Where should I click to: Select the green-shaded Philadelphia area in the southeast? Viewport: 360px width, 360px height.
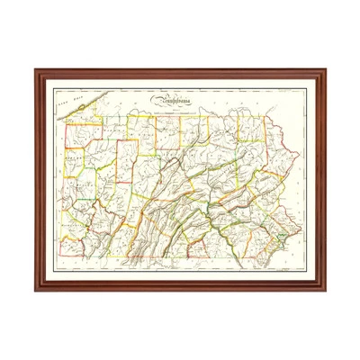[280, 237]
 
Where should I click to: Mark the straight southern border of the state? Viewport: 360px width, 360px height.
[162, 256]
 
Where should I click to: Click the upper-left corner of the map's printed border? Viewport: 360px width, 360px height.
[54, 88]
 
